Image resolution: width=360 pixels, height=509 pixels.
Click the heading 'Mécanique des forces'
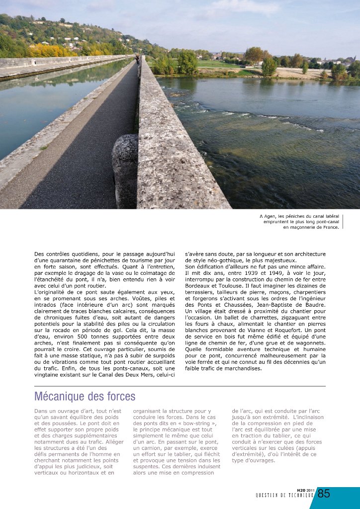tap(85, 397)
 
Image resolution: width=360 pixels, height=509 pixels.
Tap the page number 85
tap(324, 494)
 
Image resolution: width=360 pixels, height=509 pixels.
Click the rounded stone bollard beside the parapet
tap(125, 169)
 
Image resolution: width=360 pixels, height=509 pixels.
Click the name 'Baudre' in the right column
tap(313, 305)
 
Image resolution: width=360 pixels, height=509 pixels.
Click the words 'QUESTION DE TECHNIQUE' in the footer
tap(285, 495)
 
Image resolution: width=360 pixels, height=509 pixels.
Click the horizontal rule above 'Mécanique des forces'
tap(180, 386)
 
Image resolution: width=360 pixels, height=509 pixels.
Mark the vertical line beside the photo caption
tap(343, 221)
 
